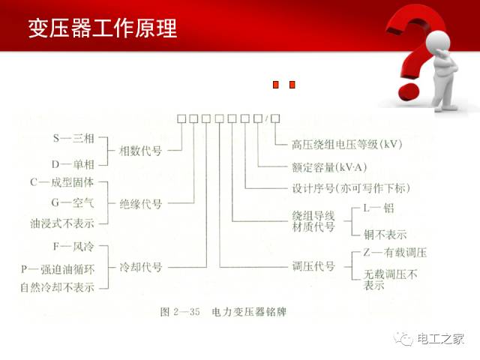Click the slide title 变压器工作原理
pos(103,29)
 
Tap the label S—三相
pos(71,139)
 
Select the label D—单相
pos(71,163)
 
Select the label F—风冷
pos(71,246)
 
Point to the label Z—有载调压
pos(394,252)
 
